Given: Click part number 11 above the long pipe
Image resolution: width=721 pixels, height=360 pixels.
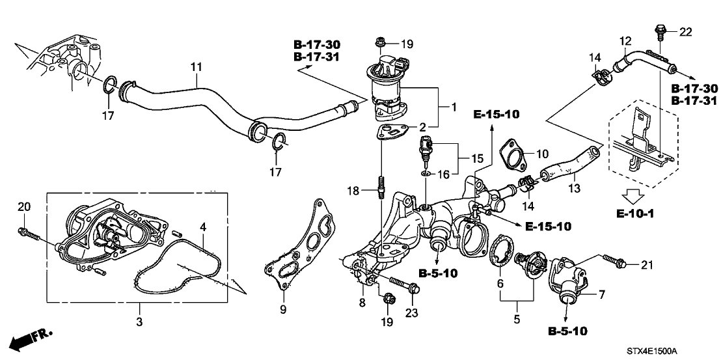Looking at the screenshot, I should (x=196, y=66).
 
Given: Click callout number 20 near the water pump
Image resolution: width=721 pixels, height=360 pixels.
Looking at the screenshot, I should (x=25, y=207).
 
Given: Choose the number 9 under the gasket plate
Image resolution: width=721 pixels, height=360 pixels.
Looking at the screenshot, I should (x=282, y=310).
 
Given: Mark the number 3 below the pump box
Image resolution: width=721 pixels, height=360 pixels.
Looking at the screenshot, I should (x=139, y=321).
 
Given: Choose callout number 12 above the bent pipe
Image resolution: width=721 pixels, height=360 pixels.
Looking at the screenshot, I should (x=625, y=41).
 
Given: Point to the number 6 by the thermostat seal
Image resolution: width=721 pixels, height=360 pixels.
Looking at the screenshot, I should (x=500, y=284).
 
